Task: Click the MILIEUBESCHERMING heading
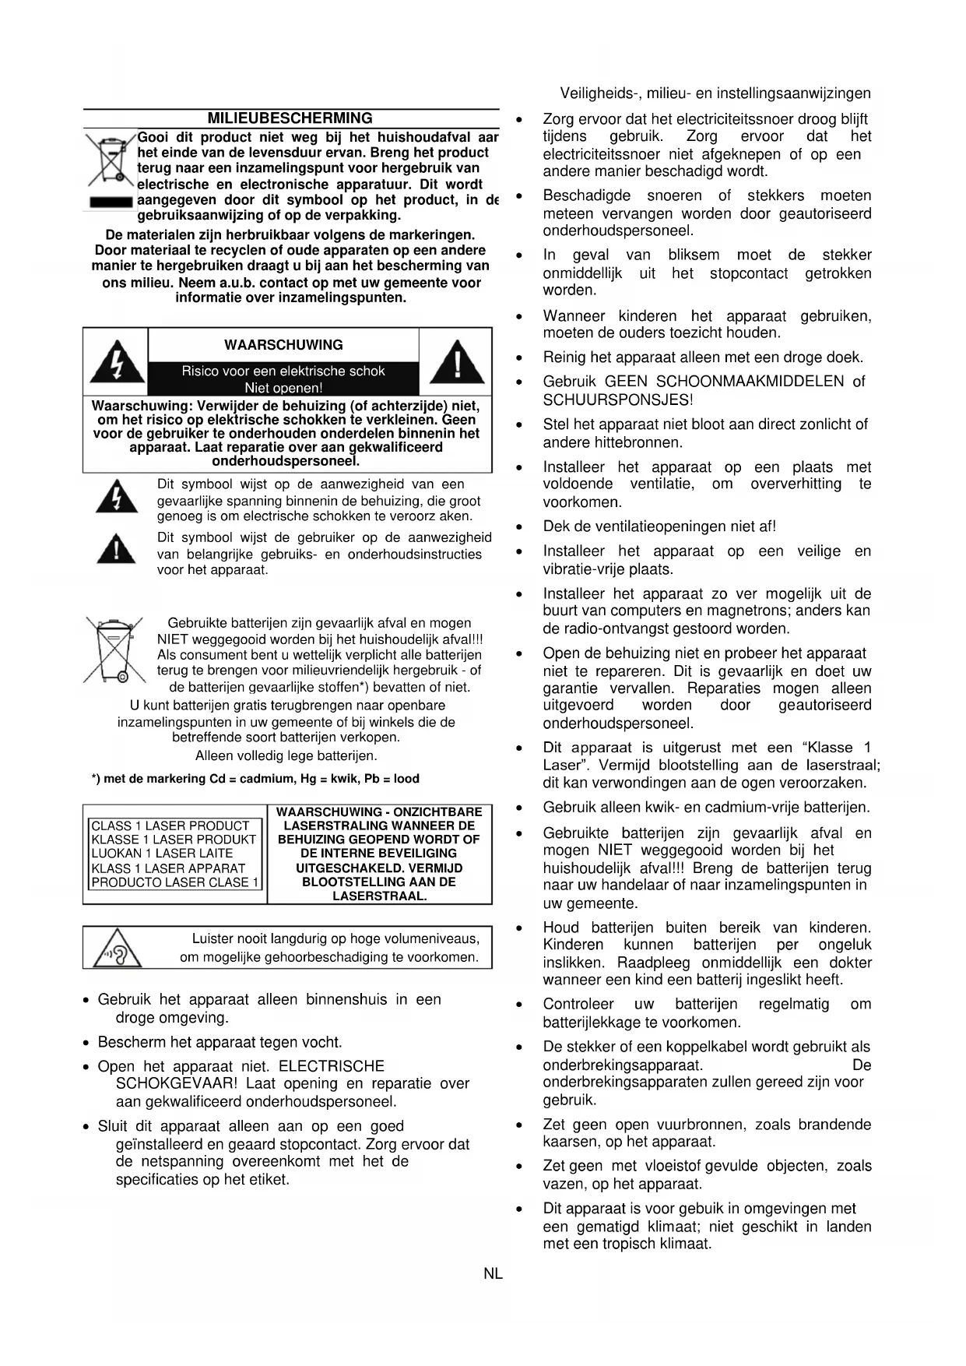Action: tap(290, 118)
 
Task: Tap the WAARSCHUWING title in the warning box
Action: tap(283, 345)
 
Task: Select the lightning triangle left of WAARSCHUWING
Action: tap(117, 362)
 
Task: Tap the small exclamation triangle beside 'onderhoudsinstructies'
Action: tap(117, 549)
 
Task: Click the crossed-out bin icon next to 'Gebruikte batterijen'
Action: tap(114, 649)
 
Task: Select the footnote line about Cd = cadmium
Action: tap(255, 779)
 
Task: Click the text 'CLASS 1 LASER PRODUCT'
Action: tap(170, 826)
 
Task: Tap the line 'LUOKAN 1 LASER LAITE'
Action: tap(162, 854)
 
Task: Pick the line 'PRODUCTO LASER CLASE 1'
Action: tap(175, 882)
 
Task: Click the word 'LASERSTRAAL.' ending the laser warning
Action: tap(379, 896)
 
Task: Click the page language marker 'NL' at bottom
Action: tap(493, 1274)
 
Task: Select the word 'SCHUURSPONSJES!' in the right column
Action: tap(618, 400)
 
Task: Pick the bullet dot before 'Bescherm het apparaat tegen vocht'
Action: tap(87, 1044)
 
